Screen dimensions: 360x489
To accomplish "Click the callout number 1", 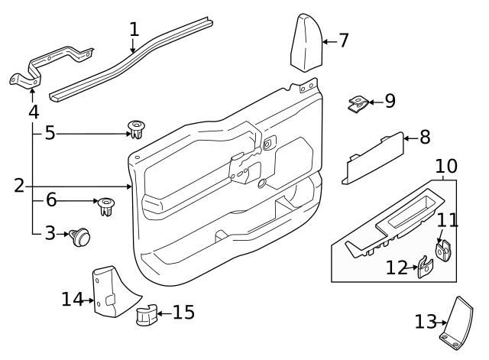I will tap(134, 30).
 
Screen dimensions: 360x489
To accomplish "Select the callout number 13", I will tap(425, 322).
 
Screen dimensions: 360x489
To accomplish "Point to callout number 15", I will tap(184, 312).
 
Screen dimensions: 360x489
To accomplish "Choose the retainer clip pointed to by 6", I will tap(105, 205).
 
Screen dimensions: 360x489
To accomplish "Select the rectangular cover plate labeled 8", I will tap(373, 157).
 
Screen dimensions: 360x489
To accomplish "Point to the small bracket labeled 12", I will tap(425, 268).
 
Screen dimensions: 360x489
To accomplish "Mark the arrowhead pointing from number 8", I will tap(406, 138).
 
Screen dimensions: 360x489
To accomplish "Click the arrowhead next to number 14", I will tap(91, 300).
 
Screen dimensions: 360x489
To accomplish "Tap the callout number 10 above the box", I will tap(446, 166).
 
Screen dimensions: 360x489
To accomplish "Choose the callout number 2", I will tap(19, 185).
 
